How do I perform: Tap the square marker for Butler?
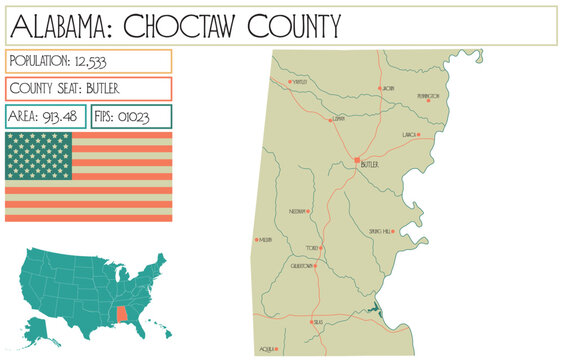(358, 158)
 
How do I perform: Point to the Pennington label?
(428, 97)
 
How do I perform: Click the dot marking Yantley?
(291, 81)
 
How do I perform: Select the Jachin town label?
(388, 89)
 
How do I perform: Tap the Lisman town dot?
(331, 121)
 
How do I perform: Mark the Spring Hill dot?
(394, 231)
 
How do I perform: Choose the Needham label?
(296, 212)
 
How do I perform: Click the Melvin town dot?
(258, 239)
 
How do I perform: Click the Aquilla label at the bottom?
(266, 349)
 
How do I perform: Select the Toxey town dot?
(320, 246)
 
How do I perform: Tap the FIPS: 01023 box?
(130, 117)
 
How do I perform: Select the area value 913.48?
(64, 117)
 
